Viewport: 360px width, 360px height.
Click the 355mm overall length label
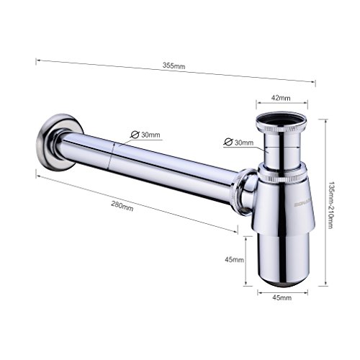(x=175, y=66)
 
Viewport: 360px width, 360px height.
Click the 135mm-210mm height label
(x=330, y=204)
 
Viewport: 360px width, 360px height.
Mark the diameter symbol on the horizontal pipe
(x=133, y=135)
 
